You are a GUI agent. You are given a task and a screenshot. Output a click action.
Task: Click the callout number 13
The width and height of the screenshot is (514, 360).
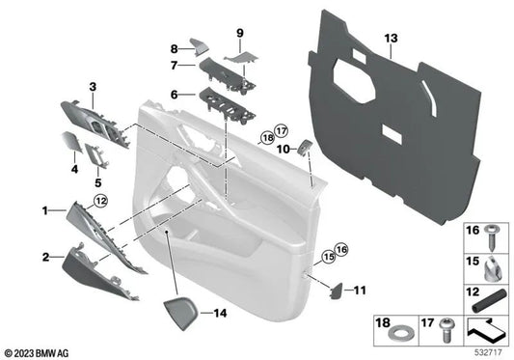390,38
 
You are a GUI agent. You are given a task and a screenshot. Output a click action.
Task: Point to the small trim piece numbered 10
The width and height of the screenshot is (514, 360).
304,148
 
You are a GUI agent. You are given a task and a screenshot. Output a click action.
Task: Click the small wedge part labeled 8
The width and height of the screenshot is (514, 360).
198,45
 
